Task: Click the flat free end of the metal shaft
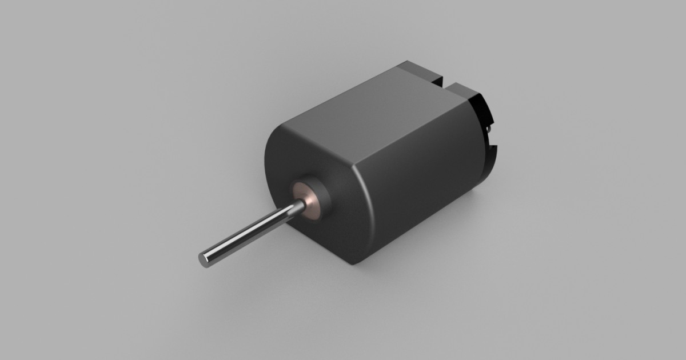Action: (204, 259)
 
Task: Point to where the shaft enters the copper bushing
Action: (298, 206)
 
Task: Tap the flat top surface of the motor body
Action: (366, 109)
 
